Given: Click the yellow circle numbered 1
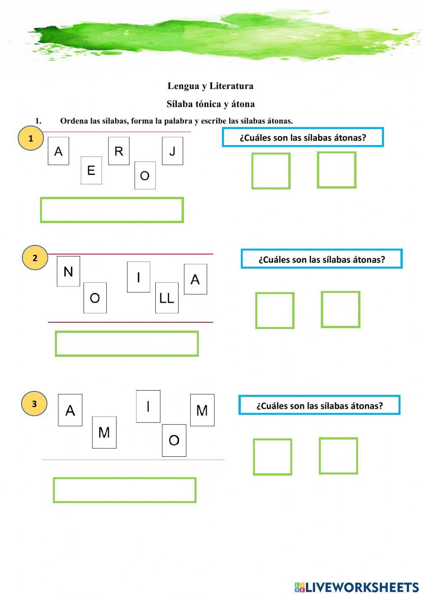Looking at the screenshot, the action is tap(31, 138).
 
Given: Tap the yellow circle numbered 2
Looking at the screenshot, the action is tap(35, 258).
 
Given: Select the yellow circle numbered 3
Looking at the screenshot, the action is tap(34, 404).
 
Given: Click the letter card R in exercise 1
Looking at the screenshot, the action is tap(119, 151).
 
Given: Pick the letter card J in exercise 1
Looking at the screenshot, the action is tap(172, 151).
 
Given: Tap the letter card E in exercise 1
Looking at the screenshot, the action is tap(91, 170).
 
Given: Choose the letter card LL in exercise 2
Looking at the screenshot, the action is tap(167, 298).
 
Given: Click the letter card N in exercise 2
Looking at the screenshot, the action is tap(68, 272).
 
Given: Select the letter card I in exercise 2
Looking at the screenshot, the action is tap(138, 277).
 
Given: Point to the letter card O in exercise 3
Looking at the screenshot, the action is tap(174, 440).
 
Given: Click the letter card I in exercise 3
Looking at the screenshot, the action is tap(148, 406).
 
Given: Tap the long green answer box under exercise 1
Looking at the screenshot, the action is tap(112, 210).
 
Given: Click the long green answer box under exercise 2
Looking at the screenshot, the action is tap(127, 343).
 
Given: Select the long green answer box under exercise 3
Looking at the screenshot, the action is tap(124, 490).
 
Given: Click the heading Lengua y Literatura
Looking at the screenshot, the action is tap(211, 86).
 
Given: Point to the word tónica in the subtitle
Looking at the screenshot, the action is tap(207, 104).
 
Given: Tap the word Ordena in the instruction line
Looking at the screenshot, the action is tap(74, 121).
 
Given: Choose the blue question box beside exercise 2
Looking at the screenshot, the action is tap(322, 259).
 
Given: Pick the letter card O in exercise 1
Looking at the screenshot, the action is tap(145, 175).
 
